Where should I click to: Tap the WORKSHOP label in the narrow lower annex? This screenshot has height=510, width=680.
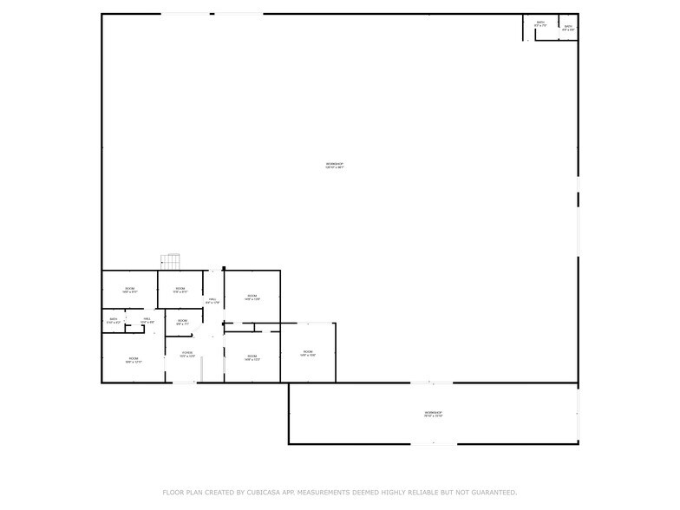tap(433, 412)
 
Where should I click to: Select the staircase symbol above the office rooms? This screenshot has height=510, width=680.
tap(171, 261)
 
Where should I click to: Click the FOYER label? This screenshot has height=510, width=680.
tap(186, 352)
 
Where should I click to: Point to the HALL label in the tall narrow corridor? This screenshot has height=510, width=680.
tap(212, 299)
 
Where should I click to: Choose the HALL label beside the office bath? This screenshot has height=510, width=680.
tap(147, 318)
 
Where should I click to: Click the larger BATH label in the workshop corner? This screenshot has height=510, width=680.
tap(540, 23)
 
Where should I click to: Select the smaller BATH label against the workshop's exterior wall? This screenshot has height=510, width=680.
tap(568, 27)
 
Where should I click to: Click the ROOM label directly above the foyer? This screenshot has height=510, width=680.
tap(182, 321)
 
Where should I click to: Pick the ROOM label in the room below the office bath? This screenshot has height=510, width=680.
tap(134, 358)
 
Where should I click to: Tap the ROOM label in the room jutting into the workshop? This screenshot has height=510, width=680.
tap(307, 351)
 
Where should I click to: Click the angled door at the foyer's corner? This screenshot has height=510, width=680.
tap(199, 334)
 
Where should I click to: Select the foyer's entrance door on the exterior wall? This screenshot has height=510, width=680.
tap(184, 382)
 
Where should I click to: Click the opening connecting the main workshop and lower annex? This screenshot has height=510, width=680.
tap(431, 382)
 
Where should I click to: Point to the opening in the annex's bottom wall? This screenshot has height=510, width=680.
tap(433, 444)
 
